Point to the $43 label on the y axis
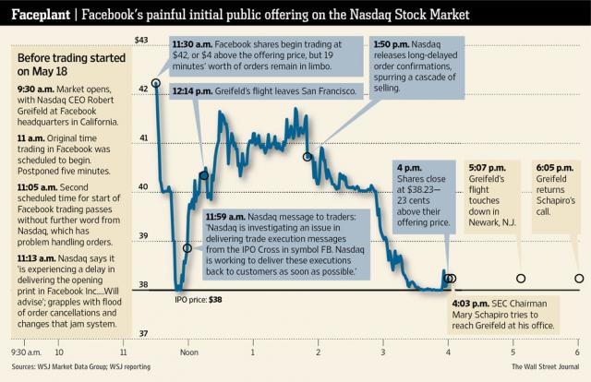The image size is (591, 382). [141, 40]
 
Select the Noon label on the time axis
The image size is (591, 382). [190, 352]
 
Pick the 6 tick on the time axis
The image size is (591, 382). [577, 352]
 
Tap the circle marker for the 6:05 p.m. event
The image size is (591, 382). [579, 278]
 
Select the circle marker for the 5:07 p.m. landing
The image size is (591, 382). [520, 278]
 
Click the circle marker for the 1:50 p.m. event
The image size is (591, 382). [308, 157]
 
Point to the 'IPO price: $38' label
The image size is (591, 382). [198, 300]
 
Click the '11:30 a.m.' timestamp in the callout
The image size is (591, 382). [194, 44]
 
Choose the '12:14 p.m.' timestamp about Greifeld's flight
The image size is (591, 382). [194, 90]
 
